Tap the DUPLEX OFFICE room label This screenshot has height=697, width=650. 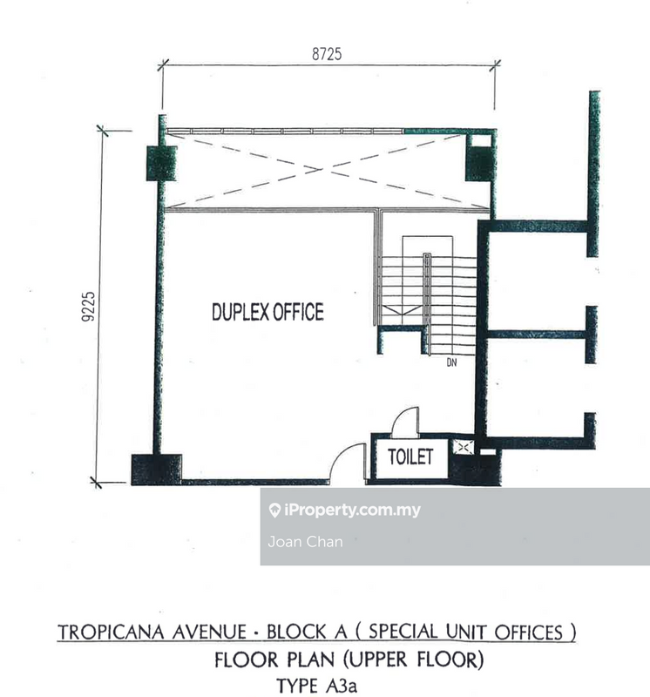(x=267, y=312)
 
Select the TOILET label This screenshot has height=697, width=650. (x=410, y=456)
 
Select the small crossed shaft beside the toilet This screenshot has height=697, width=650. (x=464, y=449)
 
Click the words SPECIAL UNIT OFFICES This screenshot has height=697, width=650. (x=466, y=631)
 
